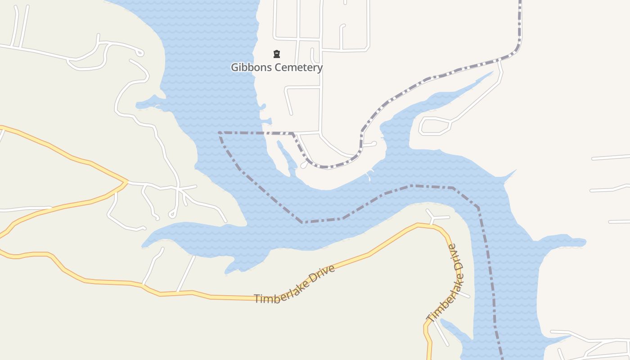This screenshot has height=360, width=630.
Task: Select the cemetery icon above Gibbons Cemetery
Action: (277, 54)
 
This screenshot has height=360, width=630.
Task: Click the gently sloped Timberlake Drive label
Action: (295, 284)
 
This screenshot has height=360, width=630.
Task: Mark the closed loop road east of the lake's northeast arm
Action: (435, 126)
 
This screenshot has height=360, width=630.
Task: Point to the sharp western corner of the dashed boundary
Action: (219, 133)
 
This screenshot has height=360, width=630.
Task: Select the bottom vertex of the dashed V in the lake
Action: (303, 222)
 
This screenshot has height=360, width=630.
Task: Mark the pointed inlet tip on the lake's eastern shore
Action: (516, 170)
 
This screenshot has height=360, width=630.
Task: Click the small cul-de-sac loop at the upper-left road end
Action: (140, 53)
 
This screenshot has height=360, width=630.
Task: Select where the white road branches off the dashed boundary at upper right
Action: (499, 60)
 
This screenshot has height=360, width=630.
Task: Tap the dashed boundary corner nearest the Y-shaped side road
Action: (454, 188)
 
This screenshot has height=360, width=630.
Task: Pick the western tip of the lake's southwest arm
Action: (143, 246)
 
